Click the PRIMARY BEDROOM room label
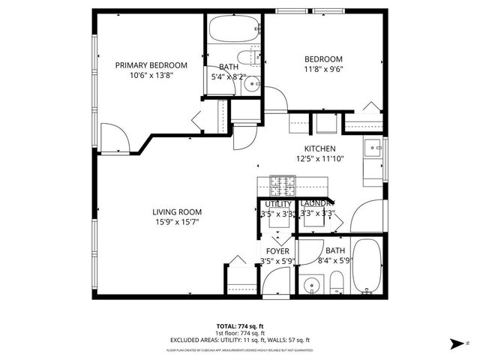click(151, 65)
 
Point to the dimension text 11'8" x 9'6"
click(322, 71)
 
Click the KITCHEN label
click(319, 148)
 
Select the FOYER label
click(277, 250)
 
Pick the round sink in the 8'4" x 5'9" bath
click(311, 286)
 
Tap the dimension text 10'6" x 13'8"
click(151, 76)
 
